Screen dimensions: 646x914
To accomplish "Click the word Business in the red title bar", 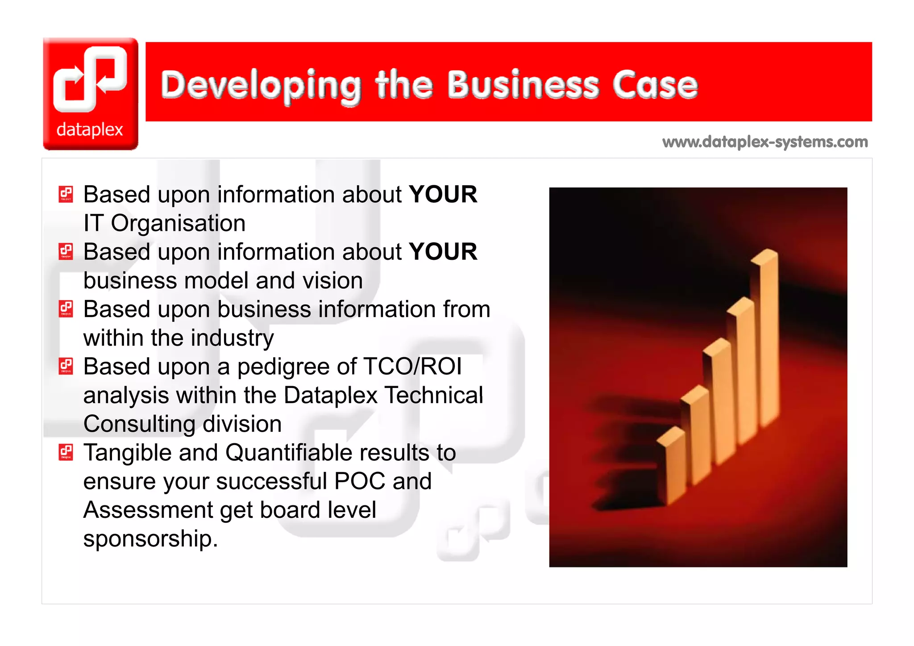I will tap(523, 85).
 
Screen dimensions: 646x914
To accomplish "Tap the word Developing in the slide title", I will tap(261, 86).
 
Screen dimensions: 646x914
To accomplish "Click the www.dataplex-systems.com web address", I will tap(765, 142).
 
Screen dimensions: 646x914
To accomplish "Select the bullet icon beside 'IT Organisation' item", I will tap(66, 194).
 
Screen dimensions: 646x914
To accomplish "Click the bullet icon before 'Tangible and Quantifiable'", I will tap(66, 452).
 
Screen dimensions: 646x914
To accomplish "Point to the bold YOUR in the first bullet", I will tap(443, 195).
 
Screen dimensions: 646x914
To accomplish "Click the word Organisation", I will tap(178, 223).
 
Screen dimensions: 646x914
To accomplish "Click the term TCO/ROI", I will tap(412, 367).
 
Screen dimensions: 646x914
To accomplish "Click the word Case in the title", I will tap(655, 85).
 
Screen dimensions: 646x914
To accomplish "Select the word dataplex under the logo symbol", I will tap(90, 129).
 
